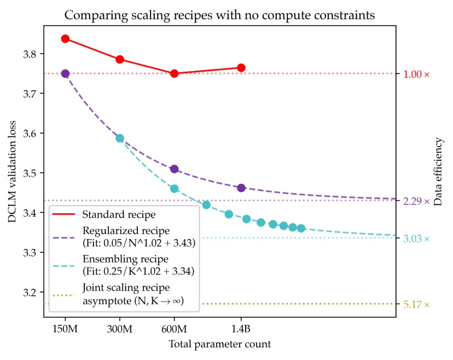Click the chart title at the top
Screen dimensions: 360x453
coord(219,15)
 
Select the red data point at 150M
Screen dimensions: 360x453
coord(65,39)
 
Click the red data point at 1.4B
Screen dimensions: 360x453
coord(241,68)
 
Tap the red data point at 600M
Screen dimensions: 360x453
coord(175,73)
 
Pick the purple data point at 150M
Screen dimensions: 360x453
coord(65,73)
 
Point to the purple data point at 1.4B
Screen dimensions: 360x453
coord(241,188)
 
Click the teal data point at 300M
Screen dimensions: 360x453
coord(120,138)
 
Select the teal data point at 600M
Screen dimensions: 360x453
coord(175,189)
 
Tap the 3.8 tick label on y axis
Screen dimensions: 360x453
coord(31,54)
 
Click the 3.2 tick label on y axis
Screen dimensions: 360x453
coord(31,293)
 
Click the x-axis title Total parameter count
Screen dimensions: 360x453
coord(219,345)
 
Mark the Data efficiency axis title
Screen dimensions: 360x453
coord(438,180)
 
